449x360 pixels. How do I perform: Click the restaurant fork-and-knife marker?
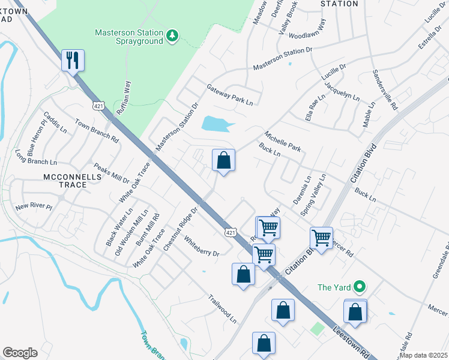coord(73,61)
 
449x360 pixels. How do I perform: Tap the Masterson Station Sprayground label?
coord(129,37)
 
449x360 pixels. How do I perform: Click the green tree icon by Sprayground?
coord(173,36)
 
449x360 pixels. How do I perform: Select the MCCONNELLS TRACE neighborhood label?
coord(66,181)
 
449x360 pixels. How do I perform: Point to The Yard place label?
coord(334,287)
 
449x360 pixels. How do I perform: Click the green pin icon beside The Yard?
coord(359,287)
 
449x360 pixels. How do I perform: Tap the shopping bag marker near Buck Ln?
coord(223,161)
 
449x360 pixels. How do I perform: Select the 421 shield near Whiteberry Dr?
coord(231,232)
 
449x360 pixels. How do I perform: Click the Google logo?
coord(20,352)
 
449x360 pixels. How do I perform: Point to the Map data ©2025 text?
coord(424,355)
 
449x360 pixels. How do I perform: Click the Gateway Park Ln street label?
coord(230,95)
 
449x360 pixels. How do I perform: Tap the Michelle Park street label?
coord(282,140)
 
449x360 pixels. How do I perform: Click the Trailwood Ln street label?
coord(223,308)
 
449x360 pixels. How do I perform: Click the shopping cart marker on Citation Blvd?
coord(322,238)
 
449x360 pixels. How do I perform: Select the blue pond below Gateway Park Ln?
coord(216,124)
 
